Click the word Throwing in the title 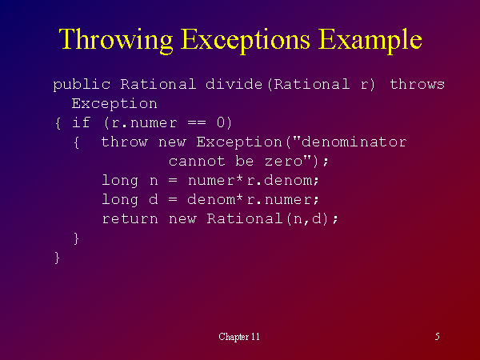coord(116,40)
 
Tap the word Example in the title coord(370,40)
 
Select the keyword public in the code coord(82,85)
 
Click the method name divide coord(234,84)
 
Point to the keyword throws coord(417,84)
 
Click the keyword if coord(81,122)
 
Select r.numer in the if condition coord(144,123)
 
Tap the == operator coord(197,123)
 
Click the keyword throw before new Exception coord(124,142)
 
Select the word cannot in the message coord(197,161)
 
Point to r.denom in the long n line coord(279,180)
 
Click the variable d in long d coord(154,199)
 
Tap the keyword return coord(130,219)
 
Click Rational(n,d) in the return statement coord(267,218)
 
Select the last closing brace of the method coord(57,258)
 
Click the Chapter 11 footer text coord(239,337)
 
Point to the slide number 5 coord(438,337)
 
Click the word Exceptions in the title coord(246,40)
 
